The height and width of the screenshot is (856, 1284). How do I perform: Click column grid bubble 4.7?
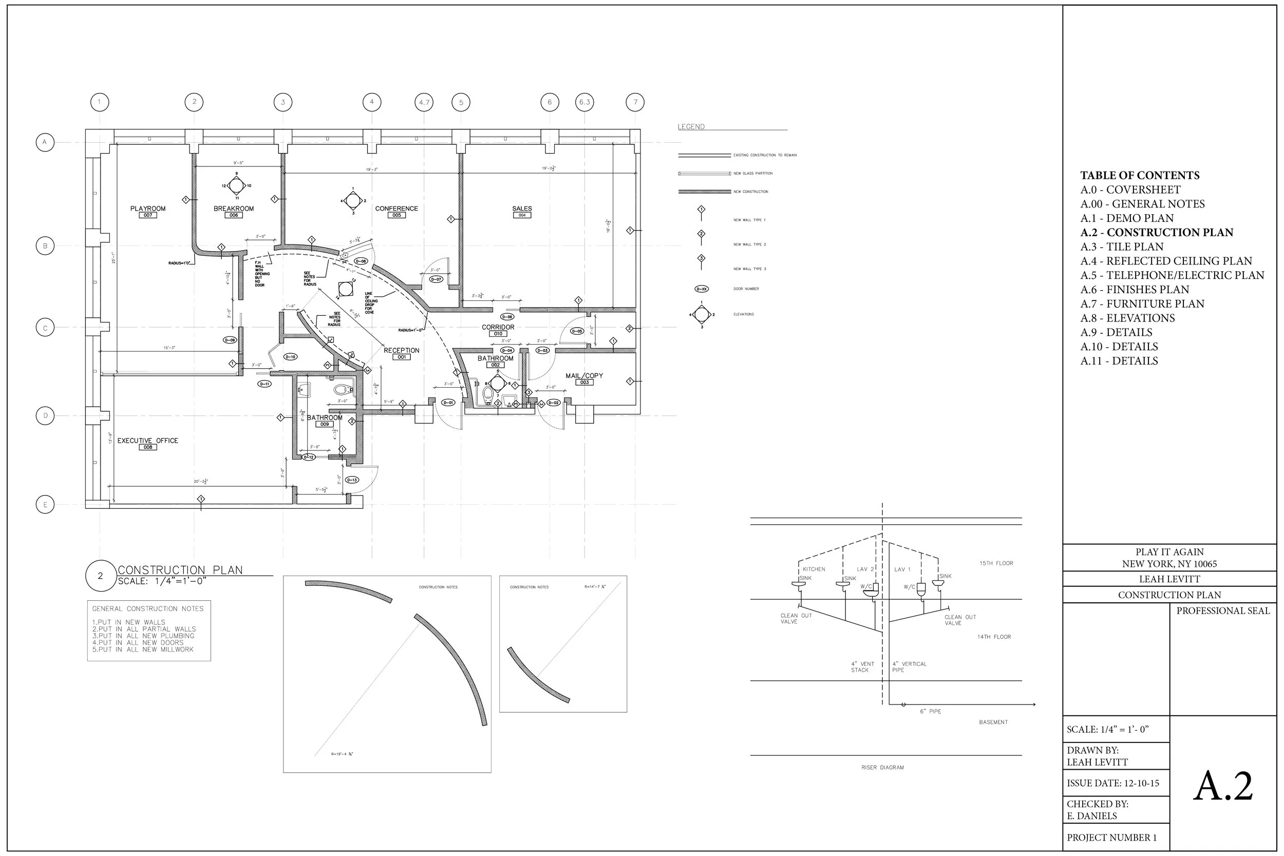[424, 102]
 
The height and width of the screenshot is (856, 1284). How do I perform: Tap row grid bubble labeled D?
[45, 415]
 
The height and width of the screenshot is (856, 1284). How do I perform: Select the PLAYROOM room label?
[147, 208]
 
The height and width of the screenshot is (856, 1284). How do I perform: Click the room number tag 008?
[147, 447]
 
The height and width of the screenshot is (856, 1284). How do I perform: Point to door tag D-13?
[352, 480]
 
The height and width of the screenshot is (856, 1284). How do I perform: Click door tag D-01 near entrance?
[448, 403]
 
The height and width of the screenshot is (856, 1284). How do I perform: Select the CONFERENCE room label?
[396, 208]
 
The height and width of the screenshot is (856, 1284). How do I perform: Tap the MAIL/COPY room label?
[584, 375]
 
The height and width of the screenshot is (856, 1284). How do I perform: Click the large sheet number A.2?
[1223, 786]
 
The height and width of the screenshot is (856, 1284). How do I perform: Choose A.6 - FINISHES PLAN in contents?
[1135, 289]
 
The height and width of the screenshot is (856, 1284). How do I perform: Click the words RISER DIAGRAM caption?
[882, 768]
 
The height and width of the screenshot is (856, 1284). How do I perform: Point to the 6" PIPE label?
[930, 711]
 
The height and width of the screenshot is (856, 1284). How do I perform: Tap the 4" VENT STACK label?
[862, 667]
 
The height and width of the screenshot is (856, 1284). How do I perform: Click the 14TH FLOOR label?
[994, 637]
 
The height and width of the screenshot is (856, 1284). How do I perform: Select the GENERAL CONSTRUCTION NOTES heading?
[147, 608]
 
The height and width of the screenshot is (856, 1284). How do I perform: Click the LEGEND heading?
[691, 127]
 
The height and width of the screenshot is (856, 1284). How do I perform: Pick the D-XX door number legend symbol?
[702, 289]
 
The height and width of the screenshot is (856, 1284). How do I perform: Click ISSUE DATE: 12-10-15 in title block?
[1112, 783]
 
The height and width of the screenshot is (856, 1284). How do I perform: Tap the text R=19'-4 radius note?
[342, 754]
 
